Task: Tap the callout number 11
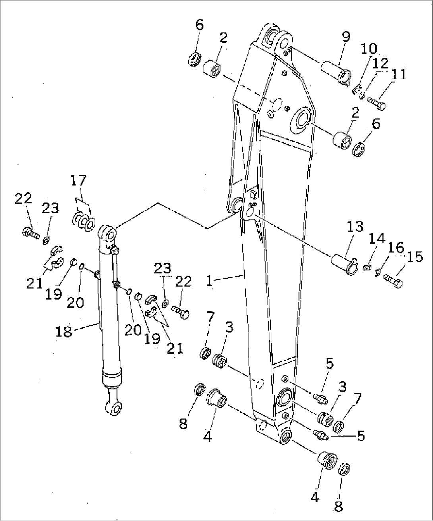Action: click(398, 74)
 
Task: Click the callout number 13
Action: click(355, 227)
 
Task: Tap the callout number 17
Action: click(78, 181)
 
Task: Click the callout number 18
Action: click(64, 331)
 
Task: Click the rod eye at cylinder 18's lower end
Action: click(111, 407)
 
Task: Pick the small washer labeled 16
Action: click(377, 272)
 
